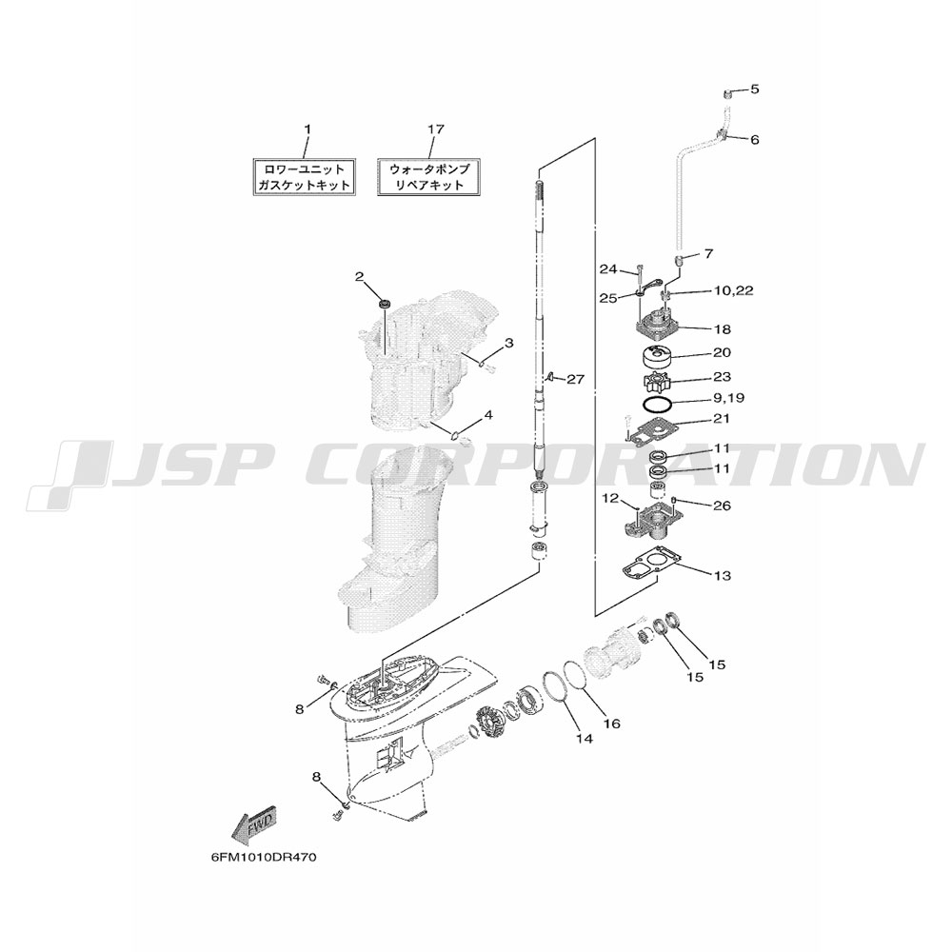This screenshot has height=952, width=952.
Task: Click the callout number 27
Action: click(575, 380)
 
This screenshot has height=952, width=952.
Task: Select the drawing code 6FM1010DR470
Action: click(264, 858)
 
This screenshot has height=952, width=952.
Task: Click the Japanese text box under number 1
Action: click(304, 177)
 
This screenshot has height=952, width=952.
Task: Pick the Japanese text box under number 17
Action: click(429, 177)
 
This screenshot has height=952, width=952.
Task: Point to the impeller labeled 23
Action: click(656, 383)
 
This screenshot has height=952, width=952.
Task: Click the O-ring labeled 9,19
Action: click(657, 405)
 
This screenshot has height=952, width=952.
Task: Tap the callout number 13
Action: click(723, 575)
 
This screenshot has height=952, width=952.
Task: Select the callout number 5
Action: click(755, 89)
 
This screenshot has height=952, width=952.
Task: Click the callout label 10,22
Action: click(733, 290)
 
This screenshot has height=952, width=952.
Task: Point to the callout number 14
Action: click(585, 739)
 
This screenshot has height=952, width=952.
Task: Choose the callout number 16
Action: click(612, 724)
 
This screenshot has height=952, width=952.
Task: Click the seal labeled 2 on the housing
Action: click(384, 303)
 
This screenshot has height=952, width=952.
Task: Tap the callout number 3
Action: click(508, 343)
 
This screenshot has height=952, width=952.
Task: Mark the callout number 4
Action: click(488, 415)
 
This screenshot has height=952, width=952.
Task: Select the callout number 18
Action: click(723, 329)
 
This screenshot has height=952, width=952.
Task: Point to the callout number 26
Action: click(723, 506)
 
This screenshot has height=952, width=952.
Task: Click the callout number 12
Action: click(610, 499)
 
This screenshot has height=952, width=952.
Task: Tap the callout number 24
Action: click(608, 269)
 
